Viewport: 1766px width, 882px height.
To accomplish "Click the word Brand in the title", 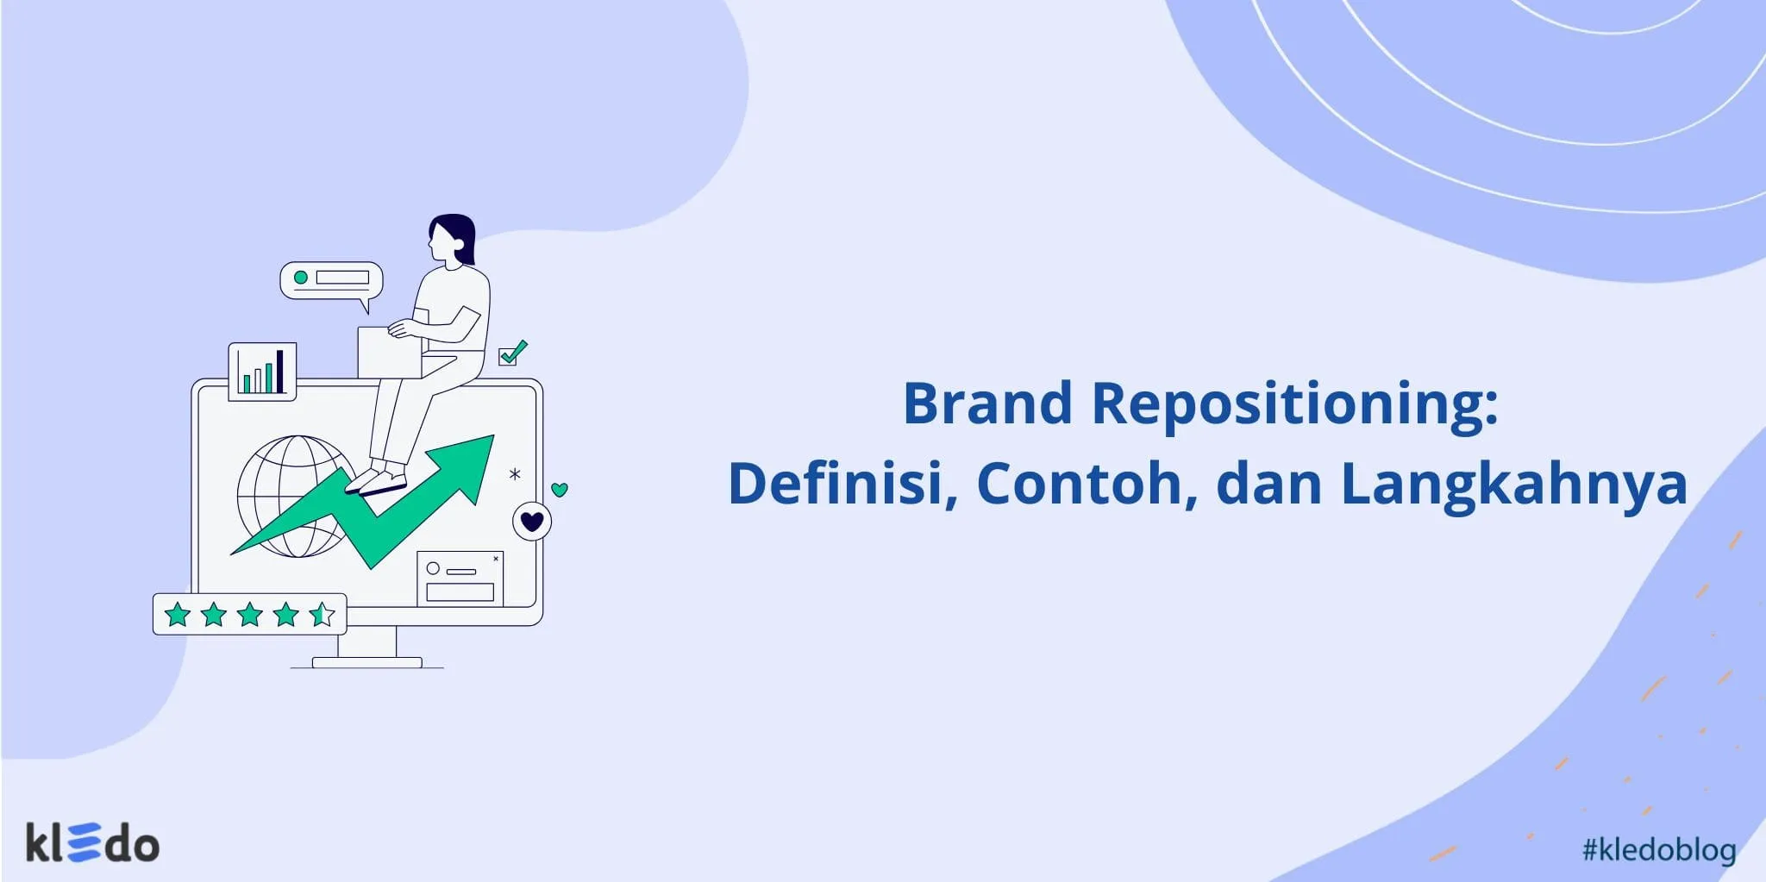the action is coord(987,403).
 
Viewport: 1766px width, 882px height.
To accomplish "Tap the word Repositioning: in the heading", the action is coord(1295,405).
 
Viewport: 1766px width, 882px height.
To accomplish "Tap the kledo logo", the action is coord(92,842).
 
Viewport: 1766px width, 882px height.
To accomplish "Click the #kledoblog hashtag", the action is coord(1659,850).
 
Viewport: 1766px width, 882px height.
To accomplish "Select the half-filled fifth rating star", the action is coord(322,615).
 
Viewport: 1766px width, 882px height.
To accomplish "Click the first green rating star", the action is coord(178,615).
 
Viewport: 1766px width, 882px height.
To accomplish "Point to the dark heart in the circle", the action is coord(532,522).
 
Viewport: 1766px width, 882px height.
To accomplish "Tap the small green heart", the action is coord(560,490).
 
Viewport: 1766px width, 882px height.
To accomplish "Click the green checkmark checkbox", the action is coord(512,353).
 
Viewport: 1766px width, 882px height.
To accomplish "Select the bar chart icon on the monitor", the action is coord(262,372).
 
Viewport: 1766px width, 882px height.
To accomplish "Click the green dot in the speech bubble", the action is coord(301,278).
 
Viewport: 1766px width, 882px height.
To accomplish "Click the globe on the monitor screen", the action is coord(295,496).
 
